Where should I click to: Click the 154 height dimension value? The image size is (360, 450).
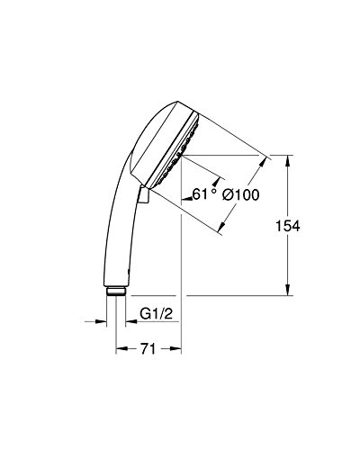tap(287, 226)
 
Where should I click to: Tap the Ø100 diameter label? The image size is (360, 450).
tap(240, 195)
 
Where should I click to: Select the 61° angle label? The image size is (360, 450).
tap(203, 193)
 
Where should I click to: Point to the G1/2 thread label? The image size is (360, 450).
tap(157, 314)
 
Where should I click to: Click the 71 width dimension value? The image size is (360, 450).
tap(148, 348)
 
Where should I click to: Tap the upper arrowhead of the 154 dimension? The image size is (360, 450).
tap(287, 160)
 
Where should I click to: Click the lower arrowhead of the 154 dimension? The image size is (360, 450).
tap(287, 290)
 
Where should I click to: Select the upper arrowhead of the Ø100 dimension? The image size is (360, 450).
tap(264, 162)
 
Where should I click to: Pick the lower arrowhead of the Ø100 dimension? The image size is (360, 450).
tap(222, 227)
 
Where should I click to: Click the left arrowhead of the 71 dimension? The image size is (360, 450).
tap(121, 348)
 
